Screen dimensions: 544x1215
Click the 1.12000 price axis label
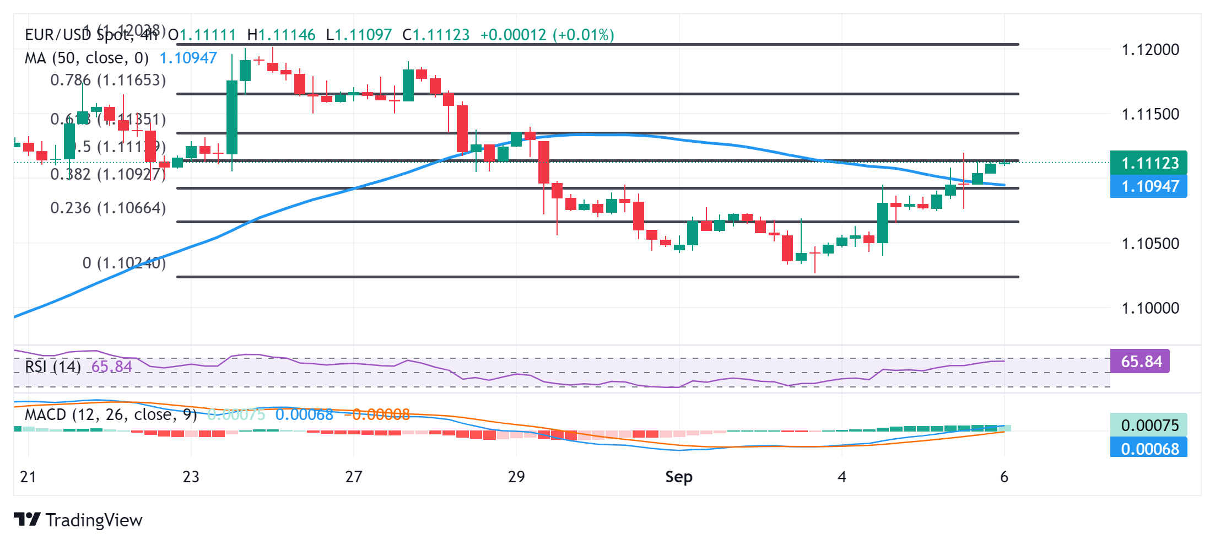[1150, 50]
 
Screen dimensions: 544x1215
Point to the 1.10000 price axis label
[1150, 308]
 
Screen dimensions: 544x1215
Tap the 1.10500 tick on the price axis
[1150, 243]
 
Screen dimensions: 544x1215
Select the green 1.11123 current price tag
[1149, 163]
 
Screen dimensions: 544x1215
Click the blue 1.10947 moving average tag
[1149, 186]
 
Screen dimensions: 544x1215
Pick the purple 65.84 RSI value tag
[1140, 362]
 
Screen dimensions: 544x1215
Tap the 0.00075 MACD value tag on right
[1149, 425]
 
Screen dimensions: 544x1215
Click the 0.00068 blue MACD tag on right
[1149, 449]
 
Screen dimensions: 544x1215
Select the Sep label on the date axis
[678, 477]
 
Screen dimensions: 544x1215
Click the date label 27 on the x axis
[353, 477]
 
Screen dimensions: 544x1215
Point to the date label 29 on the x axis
[516, 477]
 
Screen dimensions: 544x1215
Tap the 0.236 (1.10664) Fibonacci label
[108, 208]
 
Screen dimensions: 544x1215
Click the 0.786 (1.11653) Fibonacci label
[108, 80]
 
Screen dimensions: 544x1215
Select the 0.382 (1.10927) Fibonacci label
[108, 175]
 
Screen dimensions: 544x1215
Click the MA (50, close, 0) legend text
[87, 58]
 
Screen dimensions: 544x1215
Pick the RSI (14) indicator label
[53, 367]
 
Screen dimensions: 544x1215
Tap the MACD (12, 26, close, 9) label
[111, 414]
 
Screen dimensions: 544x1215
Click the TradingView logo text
[94, 520]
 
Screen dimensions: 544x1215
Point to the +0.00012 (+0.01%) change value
[547, 35]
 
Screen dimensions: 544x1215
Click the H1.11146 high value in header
[281, 35]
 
